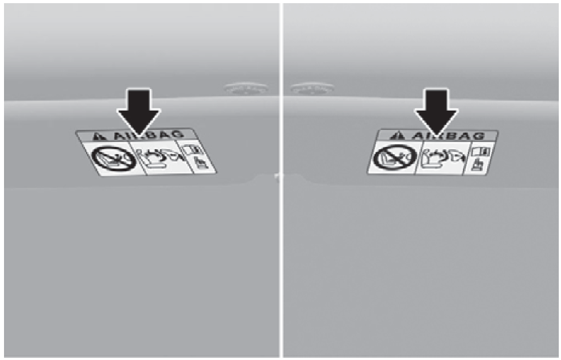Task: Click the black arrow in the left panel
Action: (x=138, y=113)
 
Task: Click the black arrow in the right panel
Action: (x=436, y=113)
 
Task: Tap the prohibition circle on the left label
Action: (x=114, y=159)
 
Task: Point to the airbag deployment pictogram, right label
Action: (x=443, y=158)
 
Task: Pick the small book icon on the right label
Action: (x=481, y=151)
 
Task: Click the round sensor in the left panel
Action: (x=246, y=89)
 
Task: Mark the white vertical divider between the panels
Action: (x=281, y=180)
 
